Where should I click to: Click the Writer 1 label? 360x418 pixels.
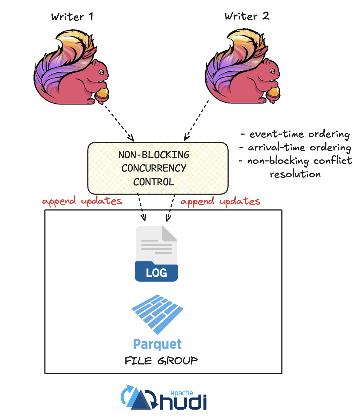click(x=72, y=17)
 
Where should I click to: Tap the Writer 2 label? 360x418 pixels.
click(x=247, y=16)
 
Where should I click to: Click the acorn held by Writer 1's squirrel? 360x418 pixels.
click(x=102, y=94)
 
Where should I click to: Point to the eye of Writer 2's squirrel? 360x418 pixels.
click(x=272, y=71)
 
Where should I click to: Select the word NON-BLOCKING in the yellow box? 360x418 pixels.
click(x=154, y=155)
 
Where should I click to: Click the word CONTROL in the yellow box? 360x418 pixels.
click(x=154, y=182)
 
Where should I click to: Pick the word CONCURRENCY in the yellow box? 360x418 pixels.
click(x=154, y=168)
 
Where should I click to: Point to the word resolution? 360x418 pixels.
click(x=295, y=174)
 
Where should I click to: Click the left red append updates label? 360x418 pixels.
click(x=82, y=201)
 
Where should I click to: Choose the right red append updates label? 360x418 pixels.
click(x=220, y=201)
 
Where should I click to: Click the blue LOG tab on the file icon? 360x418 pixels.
click(x=156, y=272)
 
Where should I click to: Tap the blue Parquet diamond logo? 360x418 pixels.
click(x=157, y=314)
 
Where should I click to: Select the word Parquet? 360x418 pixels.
click(x=157, y=344)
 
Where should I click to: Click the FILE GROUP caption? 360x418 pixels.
click(x=161, y=361)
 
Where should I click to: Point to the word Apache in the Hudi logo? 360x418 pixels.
click(x=182, y=393)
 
